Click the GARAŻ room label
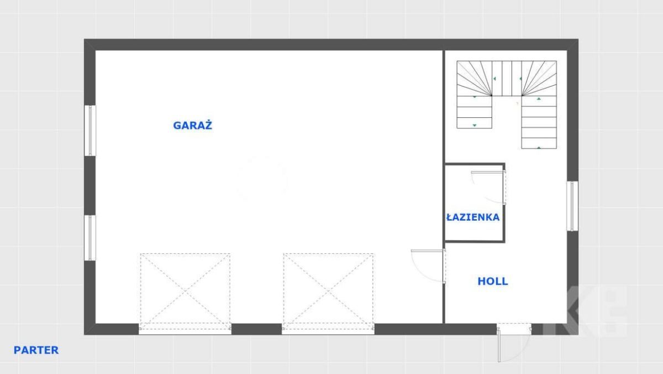[x=192, y=125]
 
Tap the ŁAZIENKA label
[x=473, y=217]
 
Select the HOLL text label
[x=493, y=281]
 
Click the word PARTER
[x=36, y=350]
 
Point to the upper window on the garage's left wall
[x=90, y=131]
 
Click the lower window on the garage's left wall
[x=90, y=238]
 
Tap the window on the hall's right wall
[x=572, y=206]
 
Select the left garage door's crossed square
[x=185, y=292]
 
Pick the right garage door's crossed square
[x=328, y=292]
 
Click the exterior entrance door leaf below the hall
[x=499, y=345]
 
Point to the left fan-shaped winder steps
[x=474, y=78]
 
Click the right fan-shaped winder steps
[x=539, y=78]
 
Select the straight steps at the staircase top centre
[x=507, y=78]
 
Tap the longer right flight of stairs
[x=539, y=122]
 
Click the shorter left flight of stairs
[x=474, y=112]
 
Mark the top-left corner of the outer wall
[x=84, y=39]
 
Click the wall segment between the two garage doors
[x=256, y=329]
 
